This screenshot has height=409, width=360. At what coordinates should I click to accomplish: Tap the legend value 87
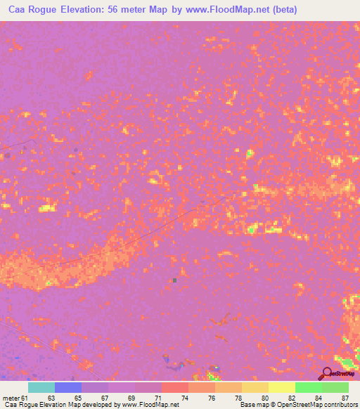pyautogui.click(x=345, y=397)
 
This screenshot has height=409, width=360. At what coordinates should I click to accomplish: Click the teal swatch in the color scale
pyautogui.click(x=41, y=387)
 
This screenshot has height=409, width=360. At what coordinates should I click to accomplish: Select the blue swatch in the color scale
pyautogui.click(x=67, y=387)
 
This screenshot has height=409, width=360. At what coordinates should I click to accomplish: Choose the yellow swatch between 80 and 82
pyautogui.click(x=281, y=387)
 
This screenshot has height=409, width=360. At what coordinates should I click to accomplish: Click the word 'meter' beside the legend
pyautogui.click(x=11, y=397)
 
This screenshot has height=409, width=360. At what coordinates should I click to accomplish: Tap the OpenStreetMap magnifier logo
pyautogui.click(x=327, y=374)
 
